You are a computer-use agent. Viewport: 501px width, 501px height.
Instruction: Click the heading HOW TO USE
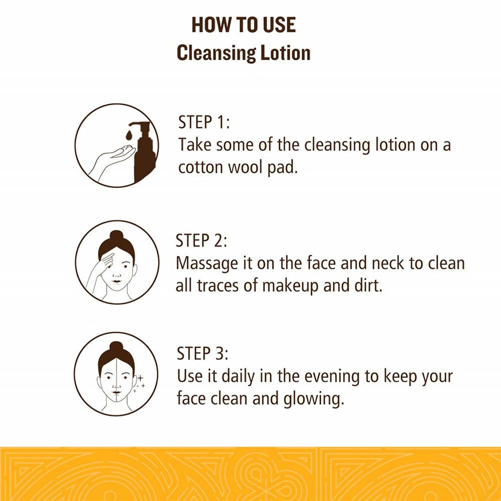(x=243, y=25)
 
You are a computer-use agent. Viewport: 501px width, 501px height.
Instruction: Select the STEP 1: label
(x=204, y=122)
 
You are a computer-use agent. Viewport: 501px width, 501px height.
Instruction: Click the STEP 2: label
(x=201, y=240)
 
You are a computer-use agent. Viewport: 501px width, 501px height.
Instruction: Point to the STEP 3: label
(x=202, y=353)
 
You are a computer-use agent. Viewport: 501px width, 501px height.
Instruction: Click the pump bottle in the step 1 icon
(x=144, y=152)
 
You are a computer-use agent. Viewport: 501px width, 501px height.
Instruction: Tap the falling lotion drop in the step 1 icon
(x=129, y=135)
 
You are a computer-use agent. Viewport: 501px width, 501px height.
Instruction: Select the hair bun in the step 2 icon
(x=116, y=236)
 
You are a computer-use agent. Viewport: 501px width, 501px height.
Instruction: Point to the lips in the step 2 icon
(x=117, y=282)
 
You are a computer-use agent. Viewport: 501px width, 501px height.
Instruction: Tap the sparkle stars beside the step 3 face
(x=140, y=383)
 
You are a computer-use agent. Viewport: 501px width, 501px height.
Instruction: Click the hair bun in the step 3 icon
(x=116, y=348)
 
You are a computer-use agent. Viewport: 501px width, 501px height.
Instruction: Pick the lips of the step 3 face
(x=117, y=392)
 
